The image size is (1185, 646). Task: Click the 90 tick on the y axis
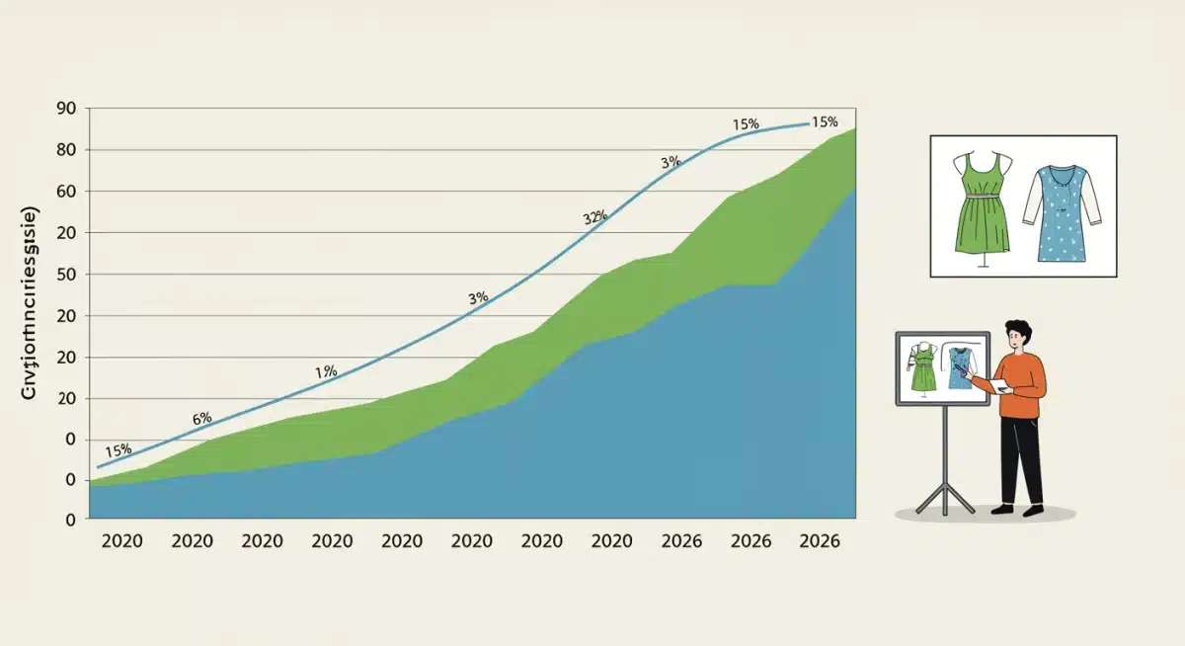point(66,109)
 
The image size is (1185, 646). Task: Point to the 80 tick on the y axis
point(66,150)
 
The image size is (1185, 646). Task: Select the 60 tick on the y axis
point(66,192)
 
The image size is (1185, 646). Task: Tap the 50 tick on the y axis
point(66,275)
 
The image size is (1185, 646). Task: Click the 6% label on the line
point(201,418)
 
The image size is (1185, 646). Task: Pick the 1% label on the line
point(326,371)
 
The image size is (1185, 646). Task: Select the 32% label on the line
point(595,218)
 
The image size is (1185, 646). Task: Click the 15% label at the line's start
point(118,450)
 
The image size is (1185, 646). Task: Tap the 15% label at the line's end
point(824,122)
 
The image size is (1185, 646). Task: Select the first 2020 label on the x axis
point(121,541)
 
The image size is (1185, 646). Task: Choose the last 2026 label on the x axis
point(820,541)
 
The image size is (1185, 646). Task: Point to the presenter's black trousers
point(1021,459)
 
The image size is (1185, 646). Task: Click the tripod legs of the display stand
point(943,494)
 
